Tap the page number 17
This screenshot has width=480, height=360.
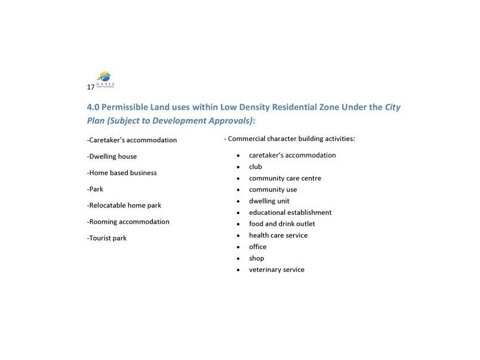(x=90, y=87)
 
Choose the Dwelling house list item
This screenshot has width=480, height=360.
(x=112, y=157)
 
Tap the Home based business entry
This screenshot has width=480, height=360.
(x=122, y=173)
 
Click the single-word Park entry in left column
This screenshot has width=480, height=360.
(x=95, y=189)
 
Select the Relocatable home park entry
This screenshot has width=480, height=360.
(x=124, y=205)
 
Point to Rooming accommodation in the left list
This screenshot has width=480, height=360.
(x=128, y=221)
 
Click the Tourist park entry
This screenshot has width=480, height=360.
(x=107, y=238)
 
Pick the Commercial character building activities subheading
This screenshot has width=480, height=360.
(x=289, y=139)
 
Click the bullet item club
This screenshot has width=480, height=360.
(x=255, y=167)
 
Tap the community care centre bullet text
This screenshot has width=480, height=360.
(x=285, y=178)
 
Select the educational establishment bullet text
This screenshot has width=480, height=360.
(x=290, y=212)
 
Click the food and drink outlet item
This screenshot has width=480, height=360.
(x=281, y=224)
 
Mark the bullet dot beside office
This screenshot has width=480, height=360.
(x=239, y=247)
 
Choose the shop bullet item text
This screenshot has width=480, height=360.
(x=256, y=259)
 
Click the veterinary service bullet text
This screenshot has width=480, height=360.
(x=277, y=270)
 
